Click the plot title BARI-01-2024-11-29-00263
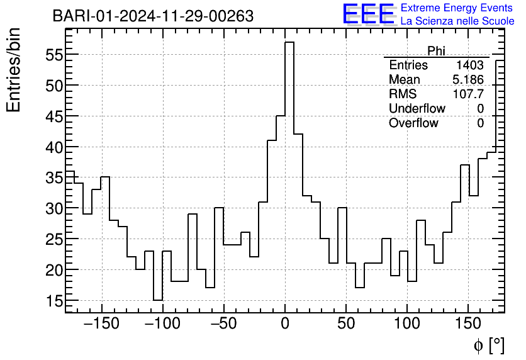153,16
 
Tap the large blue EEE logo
368,14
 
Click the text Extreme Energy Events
457,8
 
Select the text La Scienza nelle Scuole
457,21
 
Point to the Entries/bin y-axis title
14,70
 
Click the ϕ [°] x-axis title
488,345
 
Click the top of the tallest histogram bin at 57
289,42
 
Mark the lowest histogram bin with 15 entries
158,300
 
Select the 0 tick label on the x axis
285,323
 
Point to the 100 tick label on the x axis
407,323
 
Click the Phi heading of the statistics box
436,51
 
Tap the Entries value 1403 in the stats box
470,65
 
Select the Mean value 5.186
468,80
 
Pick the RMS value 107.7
469,94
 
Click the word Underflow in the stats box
417,109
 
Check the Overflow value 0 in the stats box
480,123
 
